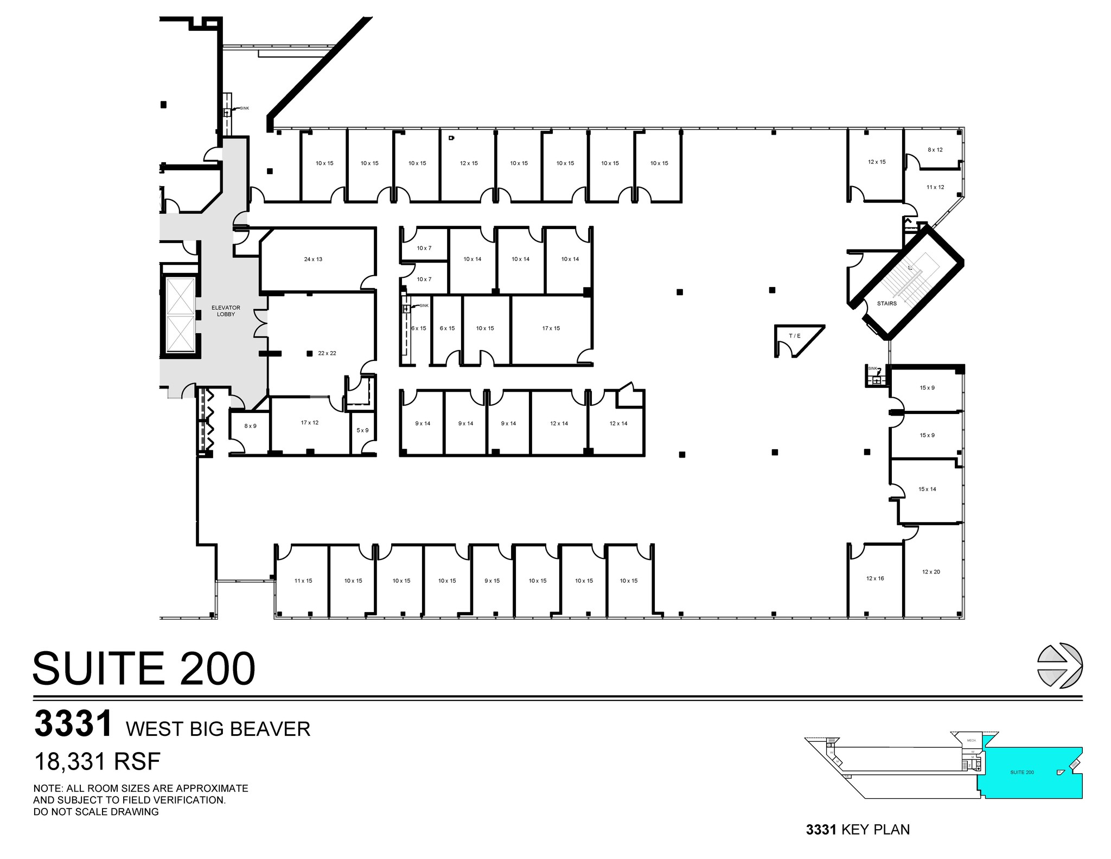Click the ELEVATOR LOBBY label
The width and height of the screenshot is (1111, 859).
226,311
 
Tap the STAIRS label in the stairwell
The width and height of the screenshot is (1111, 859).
887,303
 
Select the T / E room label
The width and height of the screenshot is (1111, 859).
795,336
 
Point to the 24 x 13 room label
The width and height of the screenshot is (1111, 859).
313,259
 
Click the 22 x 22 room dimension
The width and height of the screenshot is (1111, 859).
327,353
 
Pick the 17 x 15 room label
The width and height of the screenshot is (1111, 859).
551,328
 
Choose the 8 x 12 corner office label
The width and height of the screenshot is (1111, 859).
935,150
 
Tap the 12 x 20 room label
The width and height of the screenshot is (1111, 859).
931,572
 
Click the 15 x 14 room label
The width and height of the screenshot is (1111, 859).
927,489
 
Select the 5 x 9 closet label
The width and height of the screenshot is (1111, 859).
362,430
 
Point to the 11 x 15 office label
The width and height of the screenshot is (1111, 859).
303,581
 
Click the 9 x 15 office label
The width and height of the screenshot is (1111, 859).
492,581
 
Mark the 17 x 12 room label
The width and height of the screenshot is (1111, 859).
310,423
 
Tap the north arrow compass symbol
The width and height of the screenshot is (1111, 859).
1059,666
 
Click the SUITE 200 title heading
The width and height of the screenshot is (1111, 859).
144,669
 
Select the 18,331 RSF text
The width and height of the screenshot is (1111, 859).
98,762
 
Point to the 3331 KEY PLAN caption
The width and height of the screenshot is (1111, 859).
858,830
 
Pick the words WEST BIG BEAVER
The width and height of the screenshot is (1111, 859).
218,729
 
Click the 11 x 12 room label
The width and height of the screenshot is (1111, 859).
935,187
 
